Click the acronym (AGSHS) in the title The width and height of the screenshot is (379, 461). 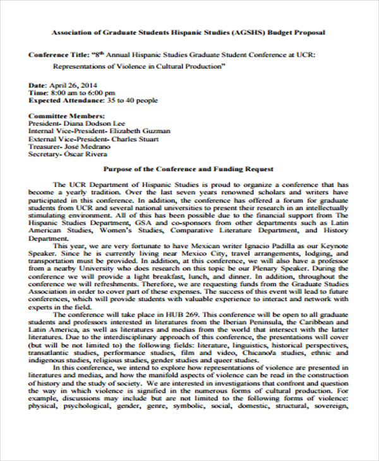251,32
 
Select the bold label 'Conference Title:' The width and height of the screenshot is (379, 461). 57,55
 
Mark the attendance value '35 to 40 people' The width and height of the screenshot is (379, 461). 133,100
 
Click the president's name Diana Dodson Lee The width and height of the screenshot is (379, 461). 94,124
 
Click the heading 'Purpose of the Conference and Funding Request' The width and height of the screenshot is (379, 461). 188,169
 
